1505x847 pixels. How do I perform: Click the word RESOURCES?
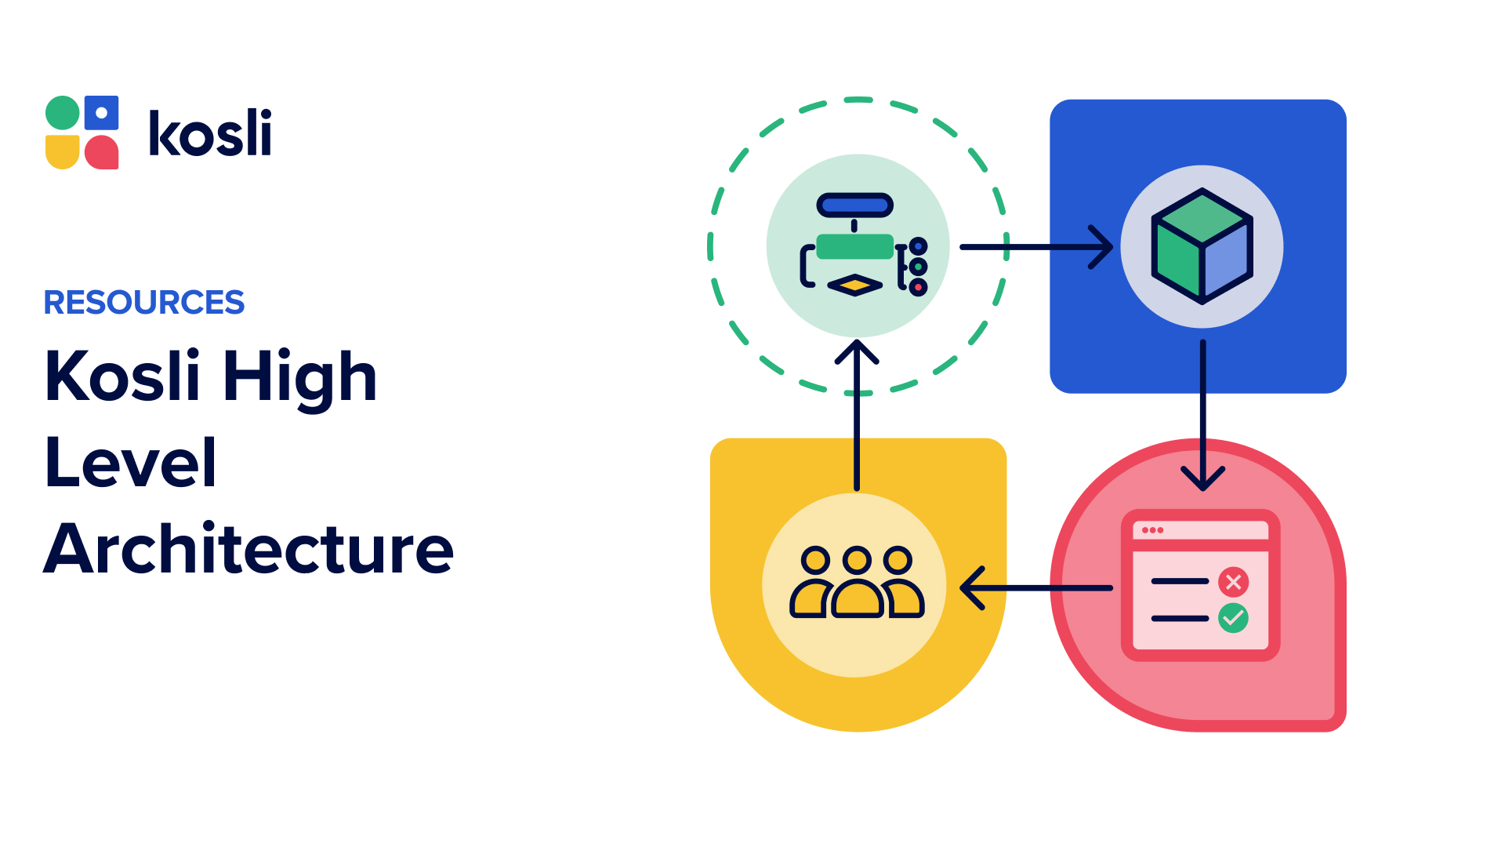point(144,303)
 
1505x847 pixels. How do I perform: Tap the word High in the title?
point(299,378)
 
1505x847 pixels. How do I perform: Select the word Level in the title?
point(131,463)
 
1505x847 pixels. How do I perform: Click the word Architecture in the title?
point(248,549)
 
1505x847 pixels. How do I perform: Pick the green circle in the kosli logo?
point(63,113)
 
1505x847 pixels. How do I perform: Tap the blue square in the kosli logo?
point(101,113)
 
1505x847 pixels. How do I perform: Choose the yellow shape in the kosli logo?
point(63,151)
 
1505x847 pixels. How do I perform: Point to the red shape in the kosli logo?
point(101,152)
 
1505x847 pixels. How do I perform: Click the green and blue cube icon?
point(1202,246)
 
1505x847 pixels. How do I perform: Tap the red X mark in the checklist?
point(1233,582)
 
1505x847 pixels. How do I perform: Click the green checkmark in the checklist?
point(1233,618)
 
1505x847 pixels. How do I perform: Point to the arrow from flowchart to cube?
point(1035,247)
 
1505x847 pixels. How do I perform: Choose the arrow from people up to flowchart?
point(857,416)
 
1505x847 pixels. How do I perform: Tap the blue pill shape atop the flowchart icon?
point(855,205)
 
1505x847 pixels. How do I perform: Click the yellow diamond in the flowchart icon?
point(855,285)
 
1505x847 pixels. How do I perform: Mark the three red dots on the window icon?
point(1152,530)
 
